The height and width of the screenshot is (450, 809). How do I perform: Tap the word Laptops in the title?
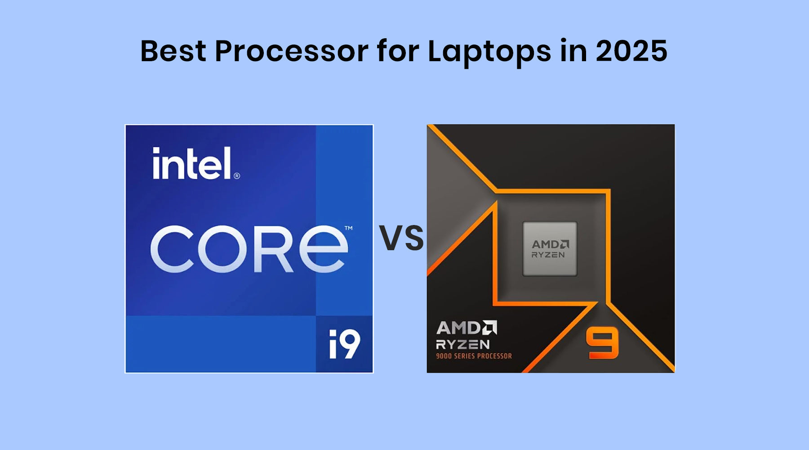tap(489, 51)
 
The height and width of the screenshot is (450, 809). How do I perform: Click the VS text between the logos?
tap(401, 238)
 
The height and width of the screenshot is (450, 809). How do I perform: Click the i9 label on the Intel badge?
tap(344, 344)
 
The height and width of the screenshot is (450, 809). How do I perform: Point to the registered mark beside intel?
tap(237, 176)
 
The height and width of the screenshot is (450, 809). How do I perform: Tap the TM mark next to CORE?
tap(348, 228)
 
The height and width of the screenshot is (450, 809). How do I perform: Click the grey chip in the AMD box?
tap(550, 249)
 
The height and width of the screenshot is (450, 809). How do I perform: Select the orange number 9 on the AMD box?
tap(602, 343)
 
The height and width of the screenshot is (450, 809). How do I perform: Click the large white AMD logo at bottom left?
tap(466, 328)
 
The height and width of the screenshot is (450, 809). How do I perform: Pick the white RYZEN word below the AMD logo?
tap(463, 345)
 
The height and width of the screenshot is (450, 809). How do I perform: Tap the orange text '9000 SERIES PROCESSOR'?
tap(474, 356)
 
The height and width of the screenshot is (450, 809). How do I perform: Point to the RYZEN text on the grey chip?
tap(548, 255)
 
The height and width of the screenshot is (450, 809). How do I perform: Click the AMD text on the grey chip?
tap(550, 244)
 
